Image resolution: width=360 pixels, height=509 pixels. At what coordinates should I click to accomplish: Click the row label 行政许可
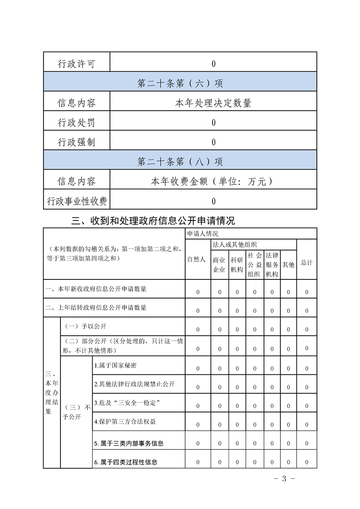77,64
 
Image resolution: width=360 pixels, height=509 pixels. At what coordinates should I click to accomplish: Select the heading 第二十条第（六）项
180,83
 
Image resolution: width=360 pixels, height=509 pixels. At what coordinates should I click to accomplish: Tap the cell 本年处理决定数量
213,103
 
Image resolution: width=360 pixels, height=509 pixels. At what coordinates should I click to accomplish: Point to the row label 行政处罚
77,122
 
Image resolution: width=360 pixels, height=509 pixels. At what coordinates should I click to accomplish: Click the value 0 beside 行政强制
213,142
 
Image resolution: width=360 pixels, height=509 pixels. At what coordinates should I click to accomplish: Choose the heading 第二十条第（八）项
180,162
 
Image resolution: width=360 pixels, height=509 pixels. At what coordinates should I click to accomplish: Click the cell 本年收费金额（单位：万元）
213,181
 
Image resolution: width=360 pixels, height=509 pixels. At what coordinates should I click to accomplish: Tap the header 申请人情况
202,234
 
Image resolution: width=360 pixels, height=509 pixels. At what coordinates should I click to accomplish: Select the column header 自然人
197,259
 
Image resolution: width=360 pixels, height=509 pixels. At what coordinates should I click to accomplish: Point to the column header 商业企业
219,264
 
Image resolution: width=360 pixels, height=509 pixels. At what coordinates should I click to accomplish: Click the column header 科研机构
237,264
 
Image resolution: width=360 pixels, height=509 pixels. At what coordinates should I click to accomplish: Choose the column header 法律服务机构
272,264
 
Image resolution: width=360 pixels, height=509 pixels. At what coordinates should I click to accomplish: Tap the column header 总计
306,263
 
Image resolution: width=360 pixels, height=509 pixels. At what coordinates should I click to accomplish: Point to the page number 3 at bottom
285,479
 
